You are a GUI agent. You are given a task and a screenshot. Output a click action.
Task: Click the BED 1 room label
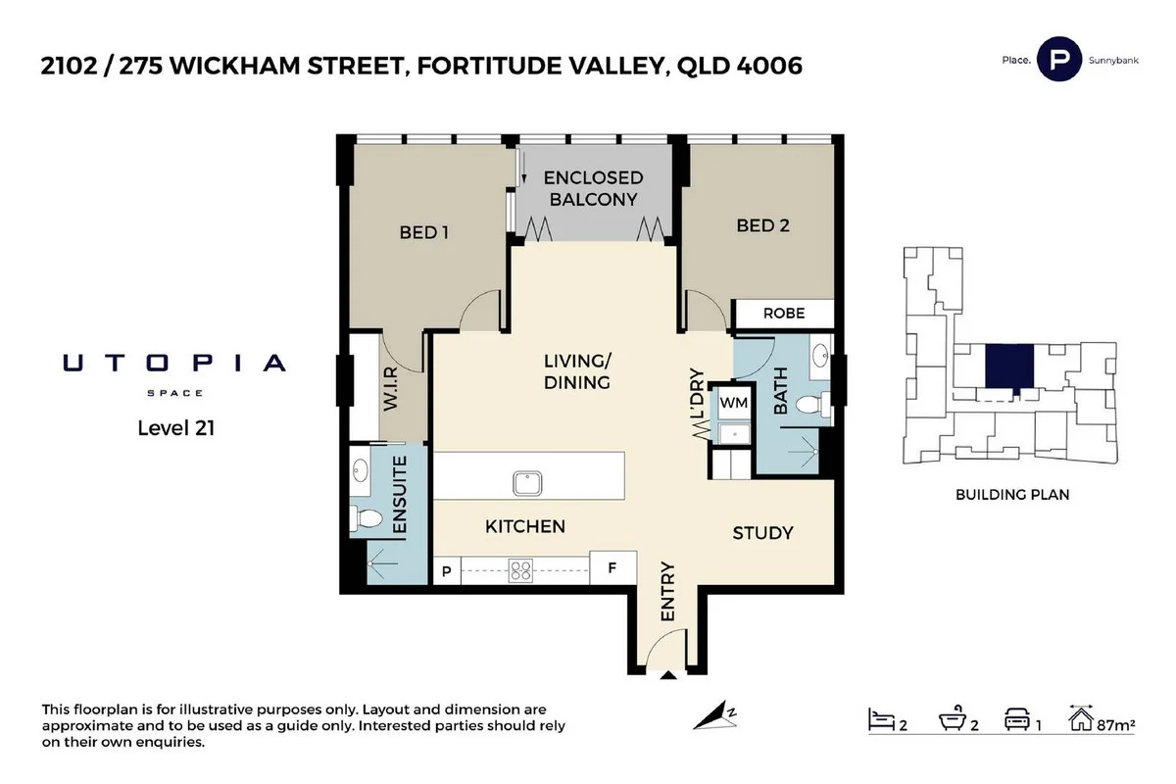point(423,233)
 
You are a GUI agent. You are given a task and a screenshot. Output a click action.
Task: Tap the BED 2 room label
point(762,225)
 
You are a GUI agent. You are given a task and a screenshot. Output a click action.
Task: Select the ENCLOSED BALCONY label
point(593,188)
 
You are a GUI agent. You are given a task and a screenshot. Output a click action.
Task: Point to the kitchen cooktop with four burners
point(520,570)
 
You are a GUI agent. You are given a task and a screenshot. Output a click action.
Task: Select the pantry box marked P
point(447,570)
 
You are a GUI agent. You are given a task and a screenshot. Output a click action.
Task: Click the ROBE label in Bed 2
point(784,314)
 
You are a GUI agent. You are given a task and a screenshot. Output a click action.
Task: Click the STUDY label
point(762,533)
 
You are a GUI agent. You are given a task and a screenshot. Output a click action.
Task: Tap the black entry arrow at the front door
point(668,675)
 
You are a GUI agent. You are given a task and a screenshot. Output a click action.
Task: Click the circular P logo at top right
point(1058,58)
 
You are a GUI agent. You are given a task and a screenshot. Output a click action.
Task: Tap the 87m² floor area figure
point(1116,726)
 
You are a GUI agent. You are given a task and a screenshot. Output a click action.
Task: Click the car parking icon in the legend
point(1015,721)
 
